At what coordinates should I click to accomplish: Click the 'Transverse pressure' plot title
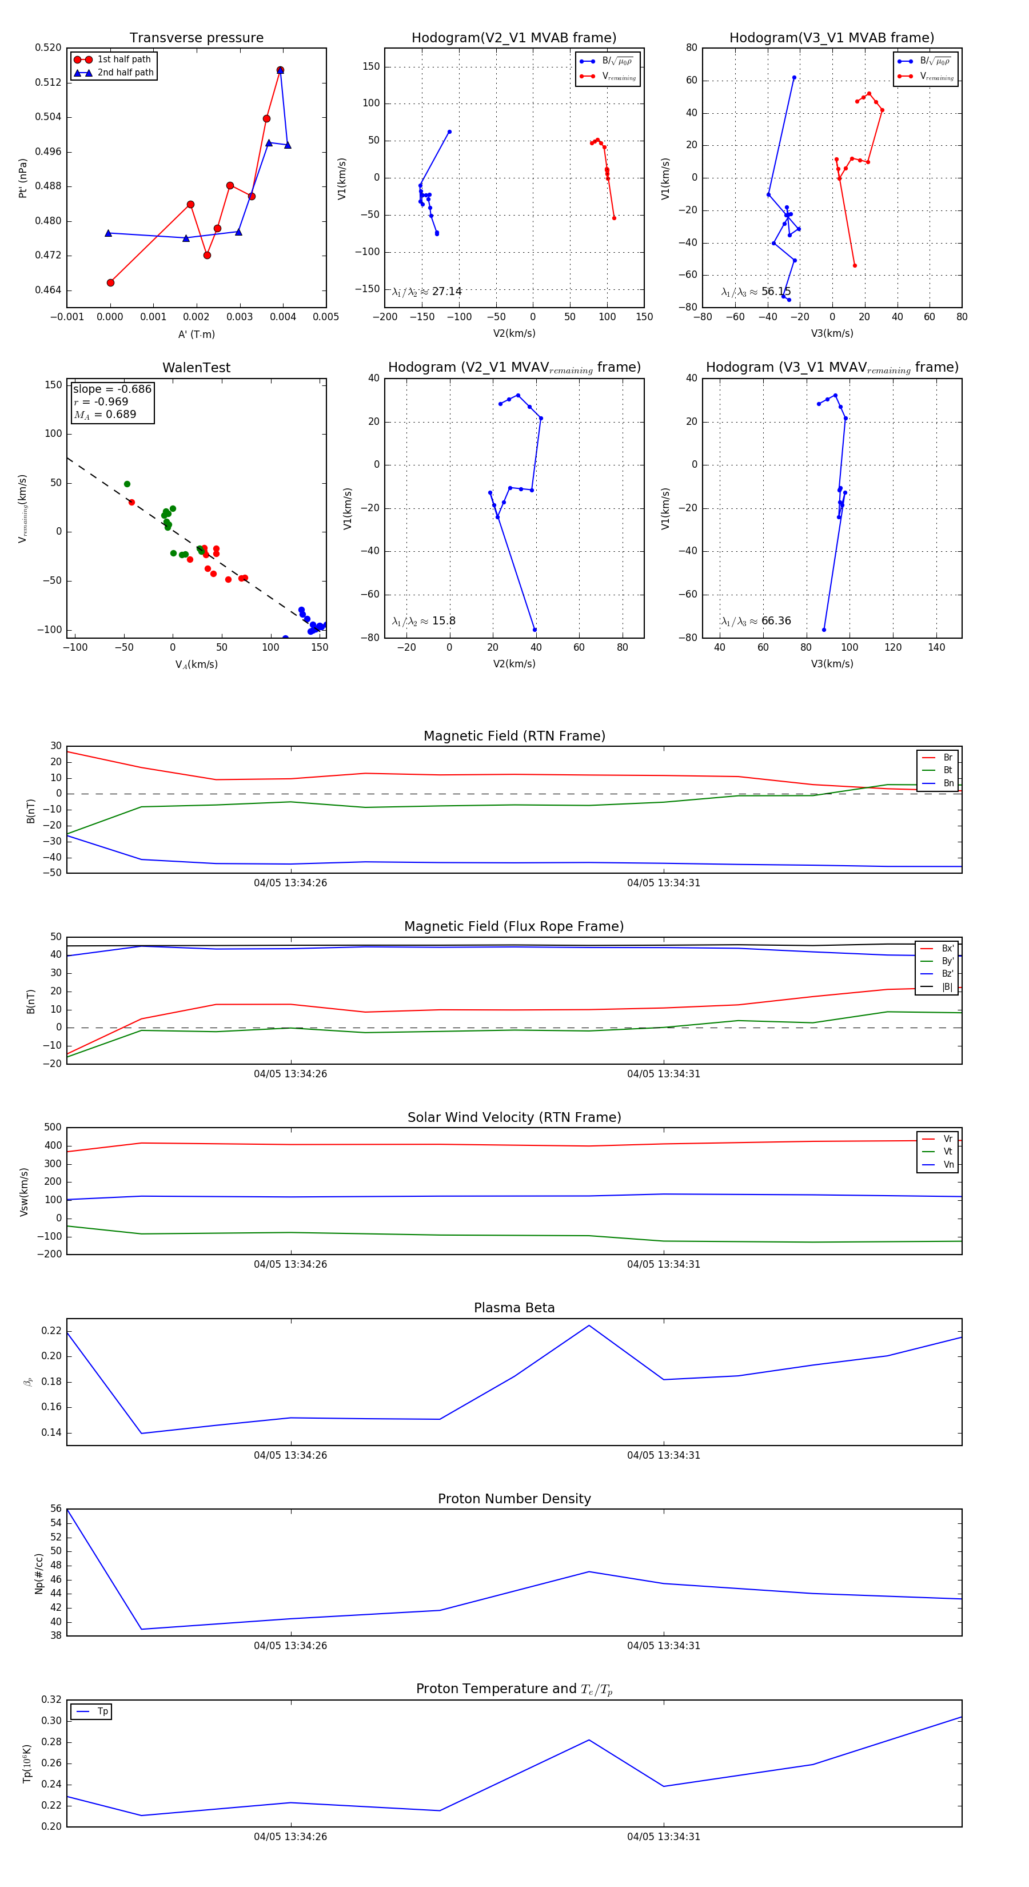196,38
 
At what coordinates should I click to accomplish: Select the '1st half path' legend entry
123,59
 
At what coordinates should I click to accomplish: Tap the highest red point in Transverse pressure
280,70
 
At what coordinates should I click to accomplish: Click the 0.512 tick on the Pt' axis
49,82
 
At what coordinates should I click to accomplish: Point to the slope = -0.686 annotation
112,389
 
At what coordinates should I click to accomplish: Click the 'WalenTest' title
196,368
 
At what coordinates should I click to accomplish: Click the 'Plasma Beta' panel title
514,1308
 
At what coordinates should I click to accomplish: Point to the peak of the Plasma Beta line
589,1325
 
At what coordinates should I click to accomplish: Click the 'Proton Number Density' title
514,1499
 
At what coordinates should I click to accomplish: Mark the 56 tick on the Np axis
55,1508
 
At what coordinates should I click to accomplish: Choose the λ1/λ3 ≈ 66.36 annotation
756,621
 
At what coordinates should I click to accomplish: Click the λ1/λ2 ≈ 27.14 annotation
427,292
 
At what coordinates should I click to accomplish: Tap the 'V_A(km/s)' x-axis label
196,664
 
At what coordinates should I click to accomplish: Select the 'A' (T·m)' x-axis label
196,334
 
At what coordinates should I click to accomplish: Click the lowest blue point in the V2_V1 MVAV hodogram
535,629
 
